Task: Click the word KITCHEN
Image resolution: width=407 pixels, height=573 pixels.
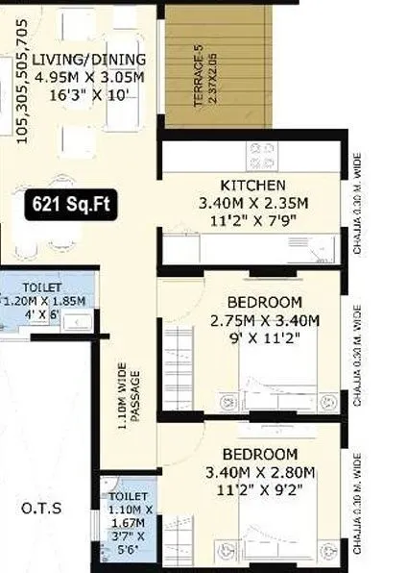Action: tap(252, 185)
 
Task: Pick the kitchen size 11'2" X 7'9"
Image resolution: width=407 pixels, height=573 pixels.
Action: tap(252, 220)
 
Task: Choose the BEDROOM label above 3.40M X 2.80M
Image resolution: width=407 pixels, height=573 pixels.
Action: tap(259, 454)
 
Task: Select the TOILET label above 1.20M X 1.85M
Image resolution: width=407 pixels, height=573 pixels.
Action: tap(42, 287)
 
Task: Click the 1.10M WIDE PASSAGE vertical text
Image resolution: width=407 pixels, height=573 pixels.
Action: tap(128, 397)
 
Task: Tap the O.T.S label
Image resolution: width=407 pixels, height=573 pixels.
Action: tap(42, 507)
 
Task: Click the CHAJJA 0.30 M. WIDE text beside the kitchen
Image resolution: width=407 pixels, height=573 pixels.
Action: tap(356, 201)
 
